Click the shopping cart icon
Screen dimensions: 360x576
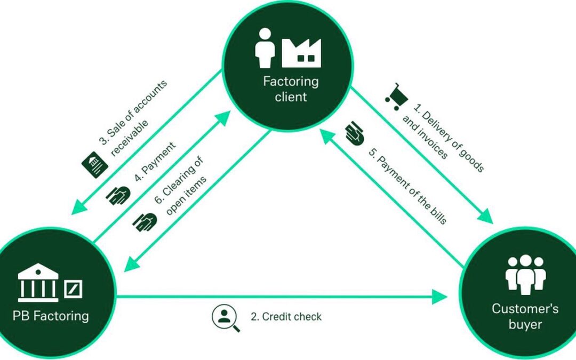[x=396, y=96]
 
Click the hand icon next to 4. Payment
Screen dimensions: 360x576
[x=117, y=194]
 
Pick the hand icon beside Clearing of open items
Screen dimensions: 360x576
[x=145, y=221]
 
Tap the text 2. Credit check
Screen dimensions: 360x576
[x=286, y=317]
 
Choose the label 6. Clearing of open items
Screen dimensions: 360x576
[x=179, y=187]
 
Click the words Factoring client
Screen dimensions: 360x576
[x=291, y=89]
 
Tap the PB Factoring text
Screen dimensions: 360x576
[x=51, y=315]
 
